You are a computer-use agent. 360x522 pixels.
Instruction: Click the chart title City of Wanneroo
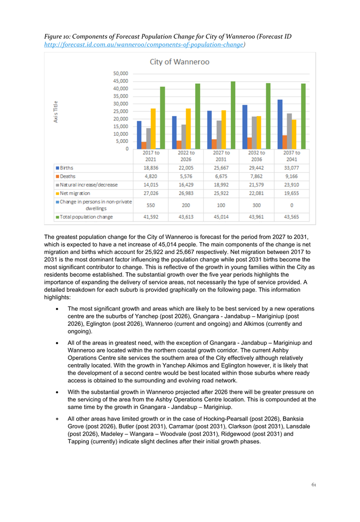[179, 62]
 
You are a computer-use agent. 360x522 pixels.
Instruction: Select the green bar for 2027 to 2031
[233, 115]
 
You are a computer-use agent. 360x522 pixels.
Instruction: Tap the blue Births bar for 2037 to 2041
[280, 124]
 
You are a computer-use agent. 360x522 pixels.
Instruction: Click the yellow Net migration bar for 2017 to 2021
[153, 129]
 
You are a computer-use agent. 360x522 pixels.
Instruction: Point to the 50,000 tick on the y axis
[121, 74]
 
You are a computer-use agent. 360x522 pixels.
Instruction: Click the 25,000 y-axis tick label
[121, 111]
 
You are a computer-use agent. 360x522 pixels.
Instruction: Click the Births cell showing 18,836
[151, 168]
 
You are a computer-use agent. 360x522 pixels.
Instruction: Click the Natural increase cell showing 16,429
[186, 184]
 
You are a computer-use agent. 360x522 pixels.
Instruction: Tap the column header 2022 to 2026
[186, 156]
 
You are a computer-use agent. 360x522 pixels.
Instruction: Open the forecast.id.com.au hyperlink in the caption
[144, 45]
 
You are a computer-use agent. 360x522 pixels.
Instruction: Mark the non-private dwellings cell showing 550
[151, 205]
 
